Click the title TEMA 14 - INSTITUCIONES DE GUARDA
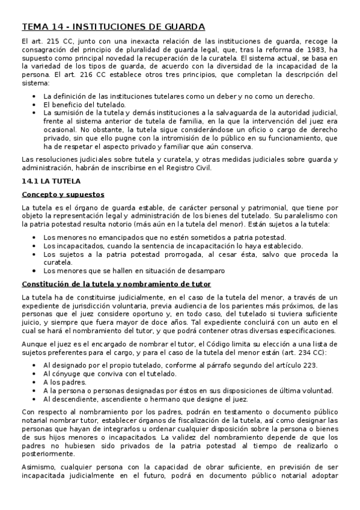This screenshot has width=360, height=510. click(113, 26)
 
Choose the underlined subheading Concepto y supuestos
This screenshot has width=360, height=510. click(63, 194)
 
